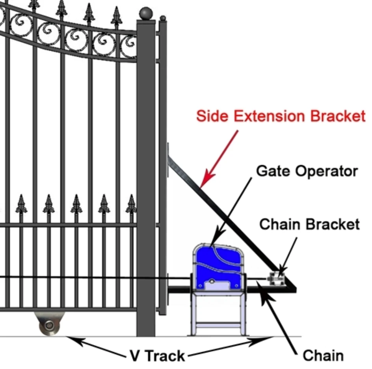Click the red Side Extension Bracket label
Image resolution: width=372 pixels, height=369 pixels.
pos(281,116)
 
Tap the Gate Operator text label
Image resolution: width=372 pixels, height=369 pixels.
pos(307,171)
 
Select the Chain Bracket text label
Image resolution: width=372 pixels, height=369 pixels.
pos(309,224)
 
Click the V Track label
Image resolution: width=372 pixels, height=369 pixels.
pos(157,356)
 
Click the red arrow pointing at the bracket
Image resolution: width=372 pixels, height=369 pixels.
pos(221,157)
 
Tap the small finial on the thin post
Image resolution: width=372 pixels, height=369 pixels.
pos(163,18)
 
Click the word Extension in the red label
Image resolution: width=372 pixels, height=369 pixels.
pos(268,116)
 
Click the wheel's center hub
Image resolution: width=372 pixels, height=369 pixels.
pos(49,326)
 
